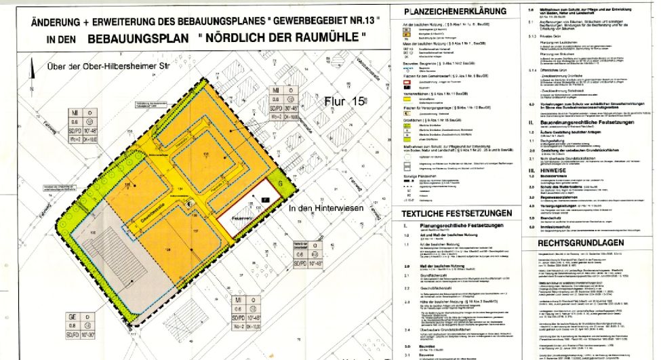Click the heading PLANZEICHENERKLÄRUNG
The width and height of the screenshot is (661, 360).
point(454,12)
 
